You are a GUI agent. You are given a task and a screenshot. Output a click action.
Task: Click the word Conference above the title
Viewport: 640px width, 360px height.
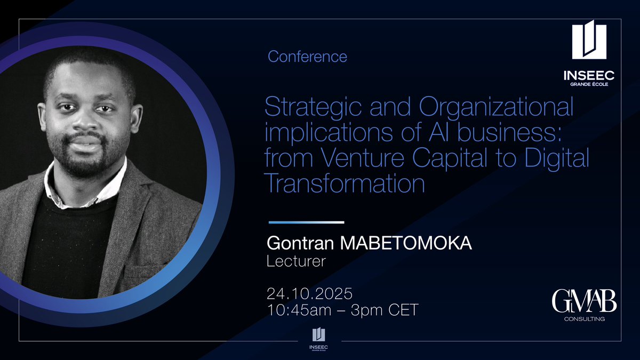pos(307,57)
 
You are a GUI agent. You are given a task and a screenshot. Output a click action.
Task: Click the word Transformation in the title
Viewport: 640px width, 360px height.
pos(345,184)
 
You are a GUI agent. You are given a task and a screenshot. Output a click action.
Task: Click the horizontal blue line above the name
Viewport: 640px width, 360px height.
pos(306,222)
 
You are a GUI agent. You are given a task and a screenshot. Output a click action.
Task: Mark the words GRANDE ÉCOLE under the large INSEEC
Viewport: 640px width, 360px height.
pos(589,84)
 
